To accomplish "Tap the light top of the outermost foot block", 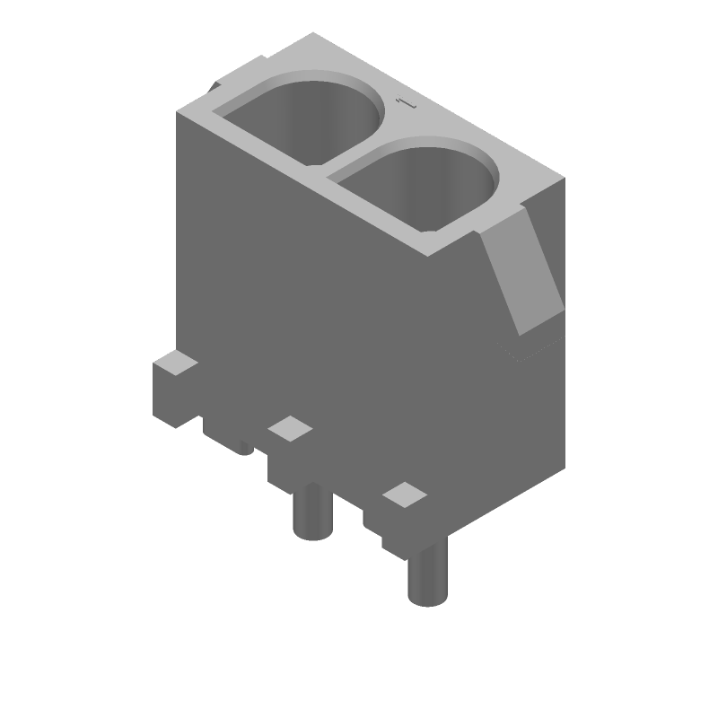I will [175, 365].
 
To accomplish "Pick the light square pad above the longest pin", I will [404, 495].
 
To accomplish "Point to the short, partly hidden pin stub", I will [245, 445].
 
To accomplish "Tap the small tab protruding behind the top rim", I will [215, 86].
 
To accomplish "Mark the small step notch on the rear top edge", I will [263, 60].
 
